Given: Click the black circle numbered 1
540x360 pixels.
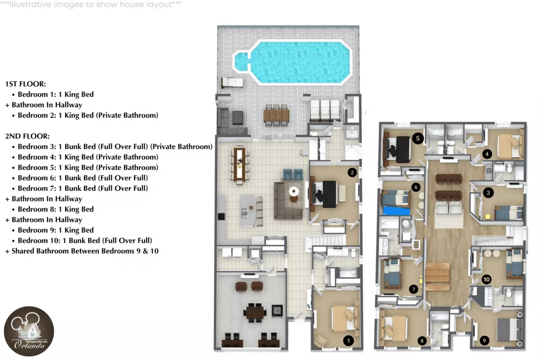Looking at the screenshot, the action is (348, 341).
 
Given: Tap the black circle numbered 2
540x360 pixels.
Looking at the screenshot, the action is (352, 173).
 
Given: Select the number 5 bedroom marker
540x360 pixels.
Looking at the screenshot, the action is (418, 138).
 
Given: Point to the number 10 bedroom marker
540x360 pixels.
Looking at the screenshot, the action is (487, 279).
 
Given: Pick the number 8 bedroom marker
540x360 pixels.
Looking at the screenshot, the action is (422, 341).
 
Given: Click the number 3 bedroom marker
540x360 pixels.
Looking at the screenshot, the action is (488, 192).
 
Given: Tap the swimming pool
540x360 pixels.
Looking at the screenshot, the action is (292, 62).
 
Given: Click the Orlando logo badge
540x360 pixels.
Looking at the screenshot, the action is (29, 331).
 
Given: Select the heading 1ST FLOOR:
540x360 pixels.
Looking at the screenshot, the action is (26, 84).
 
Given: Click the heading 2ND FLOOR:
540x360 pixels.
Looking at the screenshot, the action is (28, 136).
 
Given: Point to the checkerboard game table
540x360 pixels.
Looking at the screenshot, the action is (277, 311).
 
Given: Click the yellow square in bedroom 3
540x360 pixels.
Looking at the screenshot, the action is (488, 217).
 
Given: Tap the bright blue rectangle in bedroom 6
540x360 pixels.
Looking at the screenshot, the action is (397, 211).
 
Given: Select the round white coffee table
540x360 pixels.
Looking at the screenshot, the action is (294, 192).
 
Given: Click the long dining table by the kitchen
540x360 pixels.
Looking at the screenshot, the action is (240, 164).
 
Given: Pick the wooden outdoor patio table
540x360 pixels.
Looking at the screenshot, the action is (276, 115).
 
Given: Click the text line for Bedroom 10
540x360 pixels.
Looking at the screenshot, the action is (85, 241).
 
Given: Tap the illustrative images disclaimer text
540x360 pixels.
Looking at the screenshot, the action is (91, 4).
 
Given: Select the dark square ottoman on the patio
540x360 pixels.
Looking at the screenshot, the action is (238, 118).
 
